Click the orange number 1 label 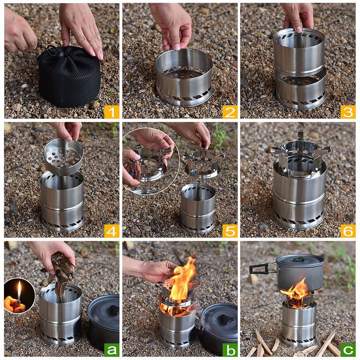[x=112, y=112]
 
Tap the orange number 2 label [x=230, y=112]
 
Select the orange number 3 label [x=348, y=112]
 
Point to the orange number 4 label [x=112, y=231]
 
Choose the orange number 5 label [x=230, y=231]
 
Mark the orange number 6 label [x=348, y=231]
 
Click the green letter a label [x=112, y=350]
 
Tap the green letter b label [x=230, y=350]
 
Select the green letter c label [x=348, y=350]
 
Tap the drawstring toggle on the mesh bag [x=60, y=54]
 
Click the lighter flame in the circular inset [x=19, y=290]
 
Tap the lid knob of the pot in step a [x=114, y=310]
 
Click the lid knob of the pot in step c [x=300, y=260]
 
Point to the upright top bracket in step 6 [x=301, y=137]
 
